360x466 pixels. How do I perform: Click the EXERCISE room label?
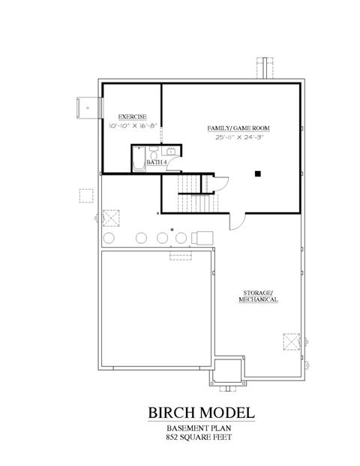[x=132, y=117]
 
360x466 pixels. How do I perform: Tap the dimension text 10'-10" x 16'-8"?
[x=132, y=128]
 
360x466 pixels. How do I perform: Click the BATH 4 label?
[x=156, y=162]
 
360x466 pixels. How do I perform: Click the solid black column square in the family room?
[x=257, y=173]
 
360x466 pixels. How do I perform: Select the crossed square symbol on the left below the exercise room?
[x=112, y=218]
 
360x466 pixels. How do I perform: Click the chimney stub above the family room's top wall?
[x=268, y=67]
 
